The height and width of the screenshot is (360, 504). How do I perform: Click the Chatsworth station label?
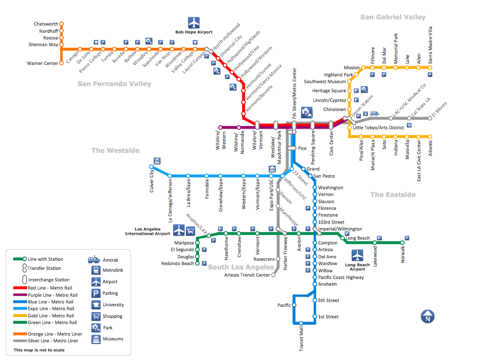(x=46, y=24)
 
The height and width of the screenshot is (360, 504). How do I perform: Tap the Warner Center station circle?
(x=61, y=63)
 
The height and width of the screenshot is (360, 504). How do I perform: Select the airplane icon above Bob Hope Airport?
(x=193, y=23)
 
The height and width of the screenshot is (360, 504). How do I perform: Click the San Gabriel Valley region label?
(x=393, y=17)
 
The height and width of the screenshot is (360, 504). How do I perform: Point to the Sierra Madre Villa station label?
(x=431, y=46)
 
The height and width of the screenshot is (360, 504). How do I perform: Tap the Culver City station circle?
(x=151, y=167)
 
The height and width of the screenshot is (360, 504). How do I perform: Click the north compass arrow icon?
(x=427, y=317)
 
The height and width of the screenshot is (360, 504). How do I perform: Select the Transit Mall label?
(x=301, y=339)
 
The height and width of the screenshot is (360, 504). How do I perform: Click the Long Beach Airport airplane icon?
(x=357, y=255)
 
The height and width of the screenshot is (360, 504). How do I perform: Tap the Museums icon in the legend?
(x=95, y=339)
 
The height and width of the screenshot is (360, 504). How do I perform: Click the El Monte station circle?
(x=430, y=118)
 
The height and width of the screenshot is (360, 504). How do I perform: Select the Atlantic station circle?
(x=430, y=137)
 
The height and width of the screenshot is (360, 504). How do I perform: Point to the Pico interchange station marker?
(x=292, y=148)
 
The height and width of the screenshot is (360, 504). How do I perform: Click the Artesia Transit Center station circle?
(x=274, y=275)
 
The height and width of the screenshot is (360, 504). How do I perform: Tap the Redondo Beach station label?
(x=178, y=264)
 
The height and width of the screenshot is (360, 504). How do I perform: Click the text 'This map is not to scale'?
(x=39, y=350)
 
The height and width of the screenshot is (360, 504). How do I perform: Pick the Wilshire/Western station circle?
(x=220, y=127)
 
